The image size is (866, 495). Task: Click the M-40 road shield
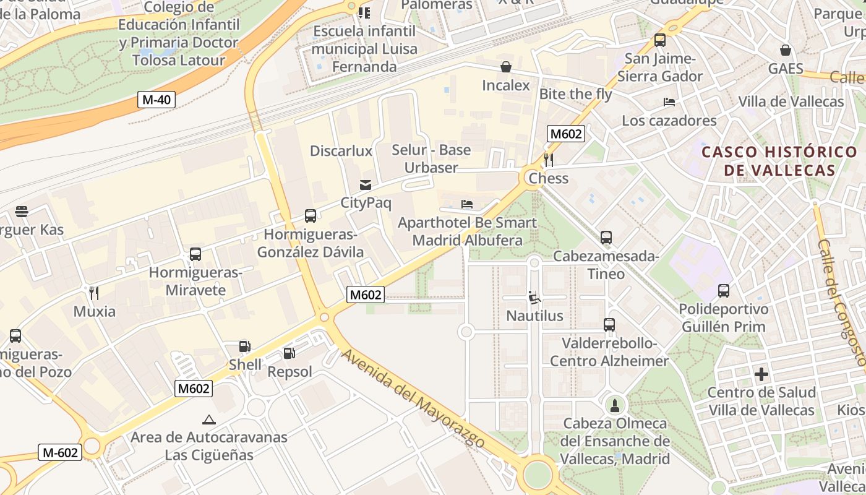(x=156, y=100)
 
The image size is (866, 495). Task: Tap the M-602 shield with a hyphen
(x=60, y=452)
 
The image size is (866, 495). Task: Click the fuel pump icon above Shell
(x=245, y=346)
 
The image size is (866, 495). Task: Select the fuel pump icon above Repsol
(x=289, y=353)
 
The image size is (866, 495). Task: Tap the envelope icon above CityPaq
(x=366, y=184)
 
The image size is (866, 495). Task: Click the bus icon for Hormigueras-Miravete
(x=195, y=254)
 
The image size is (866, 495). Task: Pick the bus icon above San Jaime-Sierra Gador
(x=660, y=40)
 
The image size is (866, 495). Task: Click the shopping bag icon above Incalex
(x=506, y=67)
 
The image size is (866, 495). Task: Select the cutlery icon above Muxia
(x=94, y=293)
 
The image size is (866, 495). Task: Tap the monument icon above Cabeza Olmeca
(x=615, y=406)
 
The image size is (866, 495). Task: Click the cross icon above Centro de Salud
(x=761, y=374)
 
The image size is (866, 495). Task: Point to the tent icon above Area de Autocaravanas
(x=209, y=420)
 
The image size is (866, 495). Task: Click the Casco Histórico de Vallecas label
(x=779, y=161)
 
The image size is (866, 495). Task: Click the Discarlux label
(x=341, y=151)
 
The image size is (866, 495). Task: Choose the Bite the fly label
(x=575, y=94)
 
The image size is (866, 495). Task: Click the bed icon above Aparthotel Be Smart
(x=467, y=204)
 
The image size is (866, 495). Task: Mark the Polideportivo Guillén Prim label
(x=723, y=318)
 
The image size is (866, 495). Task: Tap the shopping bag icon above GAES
(x=786, y=50)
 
